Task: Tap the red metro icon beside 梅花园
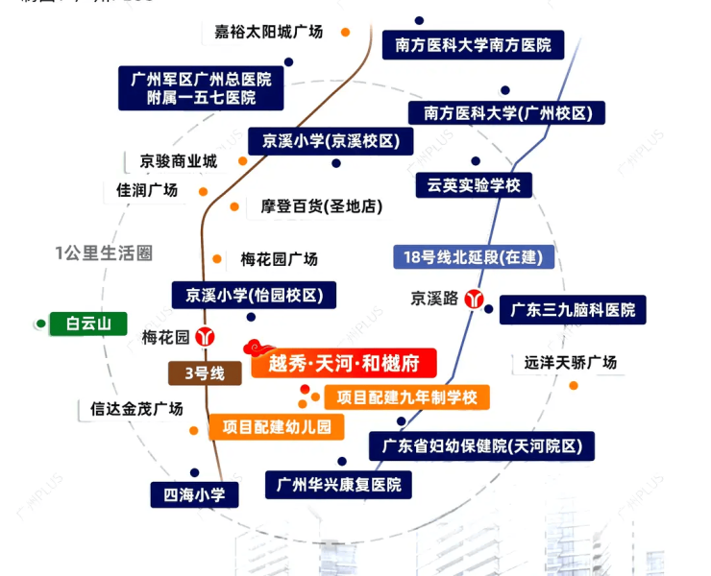205,337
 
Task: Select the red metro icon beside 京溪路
474,299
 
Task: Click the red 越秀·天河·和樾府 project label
343,363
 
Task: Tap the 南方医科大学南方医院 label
473,44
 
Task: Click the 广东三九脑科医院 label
573,310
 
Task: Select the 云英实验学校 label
474,185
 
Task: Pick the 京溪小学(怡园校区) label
255,295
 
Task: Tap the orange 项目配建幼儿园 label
276,426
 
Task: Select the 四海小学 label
194,495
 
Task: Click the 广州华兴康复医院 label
339,484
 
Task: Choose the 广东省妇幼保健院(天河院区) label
481,445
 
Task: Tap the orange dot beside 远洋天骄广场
574,386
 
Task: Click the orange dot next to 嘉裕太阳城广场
346,33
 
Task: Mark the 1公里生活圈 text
104,253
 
